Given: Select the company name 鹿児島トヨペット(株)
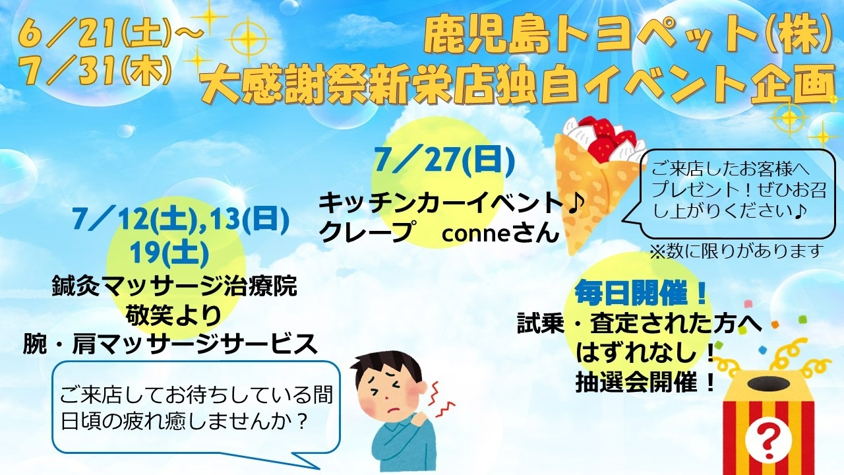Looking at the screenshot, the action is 626,36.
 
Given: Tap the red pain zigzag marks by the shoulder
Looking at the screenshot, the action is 441,400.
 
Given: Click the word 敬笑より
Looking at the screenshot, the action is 174,315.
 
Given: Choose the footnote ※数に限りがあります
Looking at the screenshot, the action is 735,250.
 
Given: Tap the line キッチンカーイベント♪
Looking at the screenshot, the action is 450,204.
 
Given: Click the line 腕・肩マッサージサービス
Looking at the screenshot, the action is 170,344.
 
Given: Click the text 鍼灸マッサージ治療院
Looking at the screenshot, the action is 174,286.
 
